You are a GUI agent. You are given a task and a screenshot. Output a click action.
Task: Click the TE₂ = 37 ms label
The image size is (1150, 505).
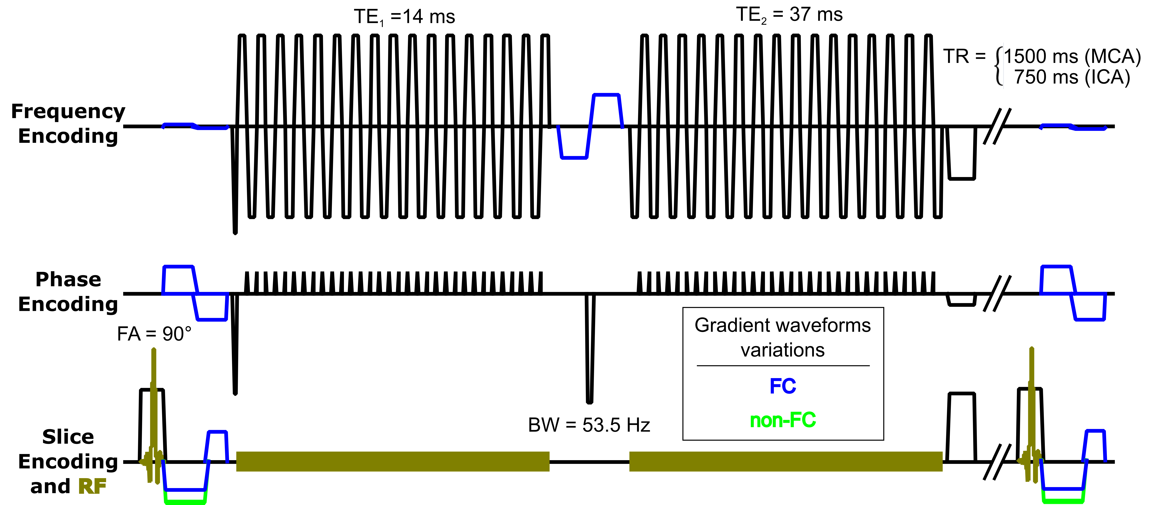789,15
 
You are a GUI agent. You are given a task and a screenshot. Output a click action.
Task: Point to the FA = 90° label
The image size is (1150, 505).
154,334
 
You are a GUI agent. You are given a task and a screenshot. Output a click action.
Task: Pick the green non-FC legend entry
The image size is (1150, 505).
783,420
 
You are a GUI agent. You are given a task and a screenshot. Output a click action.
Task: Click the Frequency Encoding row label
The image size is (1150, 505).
68,123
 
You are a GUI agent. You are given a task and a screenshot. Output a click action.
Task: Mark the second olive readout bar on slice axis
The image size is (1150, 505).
786,461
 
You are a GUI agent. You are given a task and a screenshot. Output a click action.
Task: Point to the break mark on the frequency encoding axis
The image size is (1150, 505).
997,126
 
